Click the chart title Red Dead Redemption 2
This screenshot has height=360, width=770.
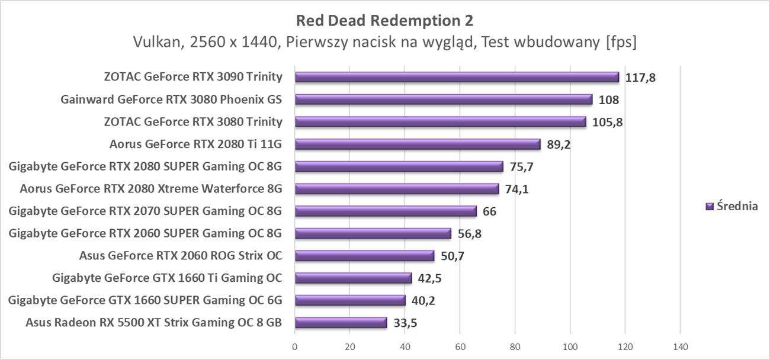pyautogui.click(x=384, y=21)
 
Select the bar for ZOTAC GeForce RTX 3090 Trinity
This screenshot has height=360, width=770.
pyautogui.click(x=456, y=77)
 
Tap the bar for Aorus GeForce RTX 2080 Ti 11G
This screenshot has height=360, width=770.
pyautogui.click(x=417, y=144)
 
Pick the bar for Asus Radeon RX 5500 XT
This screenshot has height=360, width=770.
pyautogui.click(x=341, y=323)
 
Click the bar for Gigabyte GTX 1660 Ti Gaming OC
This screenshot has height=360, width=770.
pyautogui.click(x=353, y=278)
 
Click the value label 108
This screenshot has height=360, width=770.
pyautogui.click(x=609, y=99)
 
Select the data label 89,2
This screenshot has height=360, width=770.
pyautogui.click(x=559, y=144)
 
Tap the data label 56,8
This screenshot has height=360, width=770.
pyautogui.click(x=469, y=233)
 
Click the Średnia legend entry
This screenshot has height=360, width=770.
pyautogui.click(x=732, y=206)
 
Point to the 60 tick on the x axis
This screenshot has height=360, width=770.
pyautogui.click(x=460, y=346)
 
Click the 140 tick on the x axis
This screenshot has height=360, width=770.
pyautogui.click(x=679, y=346)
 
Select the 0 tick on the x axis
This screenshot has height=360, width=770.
pyautogui.click(x=295, y=346)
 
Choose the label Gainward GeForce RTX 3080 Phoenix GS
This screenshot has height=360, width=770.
pyautogui.click(x=171, y=99)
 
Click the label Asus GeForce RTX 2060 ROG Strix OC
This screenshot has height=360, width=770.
pyautogui.click(x=180, y=256)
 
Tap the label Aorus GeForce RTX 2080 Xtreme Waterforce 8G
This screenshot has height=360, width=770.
pyautogui.click(x=150, y=189)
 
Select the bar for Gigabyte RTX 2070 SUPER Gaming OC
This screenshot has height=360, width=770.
pyautogui.click(x=386, y=211)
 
